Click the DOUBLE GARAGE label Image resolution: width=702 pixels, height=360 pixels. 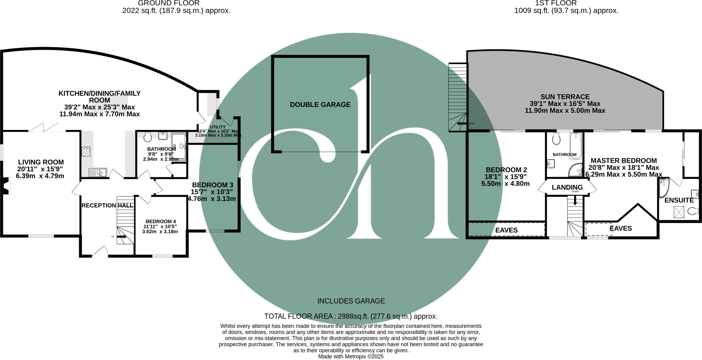(x=320, y=105)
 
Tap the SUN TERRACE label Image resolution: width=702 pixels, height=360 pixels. (x=565, y=97)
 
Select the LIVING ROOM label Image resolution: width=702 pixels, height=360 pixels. (x=41, y=162)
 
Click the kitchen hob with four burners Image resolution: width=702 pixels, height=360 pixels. (x=86, y=152)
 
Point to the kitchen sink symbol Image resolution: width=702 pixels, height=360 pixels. (x=98, y=172)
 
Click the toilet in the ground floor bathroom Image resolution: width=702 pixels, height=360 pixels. (x=148, y=137)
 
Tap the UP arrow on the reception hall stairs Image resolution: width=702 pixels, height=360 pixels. (x=122, y=236)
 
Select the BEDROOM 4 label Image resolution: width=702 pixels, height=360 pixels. (x=160, y=221)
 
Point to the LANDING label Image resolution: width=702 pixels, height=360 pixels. (x=567, y=188)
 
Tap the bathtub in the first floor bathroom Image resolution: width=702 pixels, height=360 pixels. (x=576, y=146)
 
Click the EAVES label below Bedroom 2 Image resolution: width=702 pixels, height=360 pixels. (x=506, y=230)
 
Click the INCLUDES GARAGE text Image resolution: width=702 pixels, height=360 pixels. (x=351, y=301)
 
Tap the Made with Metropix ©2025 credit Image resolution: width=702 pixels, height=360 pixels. (x=351, y=357)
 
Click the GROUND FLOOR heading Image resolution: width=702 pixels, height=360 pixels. (x=169, y=3)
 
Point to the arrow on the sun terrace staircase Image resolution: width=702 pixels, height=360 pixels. (x=462, y=123)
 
